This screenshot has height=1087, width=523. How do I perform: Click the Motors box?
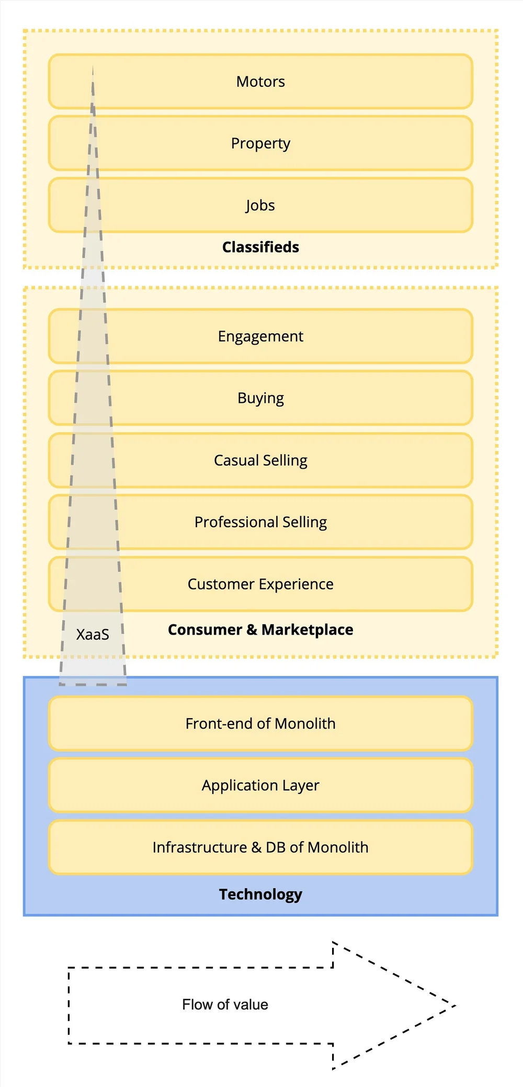point(260,82)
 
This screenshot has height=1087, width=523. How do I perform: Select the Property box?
point(260,143)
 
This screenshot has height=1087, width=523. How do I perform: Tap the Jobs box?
point(260,205)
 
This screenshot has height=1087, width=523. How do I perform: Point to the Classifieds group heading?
point(260,247)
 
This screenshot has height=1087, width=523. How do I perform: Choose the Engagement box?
point(260,336)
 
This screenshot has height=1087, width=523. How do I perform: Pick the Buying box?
point(260,398)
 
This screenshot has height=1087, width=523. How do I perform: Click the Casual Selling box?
point(260,460)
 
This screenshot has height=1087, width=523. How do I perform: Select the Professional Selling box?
point(260,522)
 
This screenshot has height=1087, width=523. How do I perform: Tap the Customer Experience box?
point(260,584)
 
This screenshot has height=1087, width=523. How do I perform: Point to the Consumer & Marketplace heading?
point(260,630)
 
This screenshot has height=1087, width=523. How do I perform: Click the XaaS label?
point(93,635)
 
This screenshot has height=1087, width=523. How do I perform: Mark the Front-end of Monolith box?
point(260,723)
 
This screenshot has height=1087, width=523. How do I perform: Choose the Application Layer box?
point(260,785)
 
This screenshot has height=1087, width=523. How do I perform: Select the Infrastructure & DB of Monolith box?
point(260,847)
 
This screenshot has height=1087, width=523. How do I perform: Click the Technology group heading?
point(260,894)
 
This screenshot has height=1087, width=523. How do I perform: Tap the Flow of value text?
point(225,1004)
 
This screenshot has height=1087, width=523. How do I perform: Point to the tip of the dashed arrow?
point(456,1005)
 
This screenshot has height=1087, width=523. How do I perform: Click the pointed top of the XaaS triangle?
point(93,66)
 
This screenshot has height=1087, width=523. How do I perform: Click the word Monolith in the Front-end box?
point(305,723)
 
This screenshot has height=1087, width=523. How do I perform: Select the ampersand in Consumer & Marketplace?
point(252,630)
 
